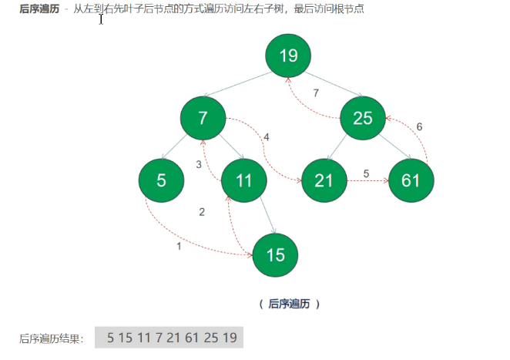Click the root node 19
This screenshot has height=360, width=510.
(288, 56)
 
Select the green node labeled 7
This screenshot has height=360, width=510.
(203, 118)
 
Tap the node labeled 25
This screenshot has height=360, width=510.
(363, 118)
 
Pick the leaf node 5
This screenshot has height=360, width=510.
(161, 180)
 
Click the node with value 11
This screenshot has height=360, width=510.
(243, 180)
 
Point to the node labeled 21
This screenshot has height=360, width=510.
(324, 180)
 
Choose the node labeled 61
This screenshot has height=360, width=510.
(411, 180)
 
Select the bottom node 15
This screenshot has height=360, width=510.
(276, 254)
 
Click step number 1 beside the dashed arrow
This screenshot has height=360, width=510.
(180, 247)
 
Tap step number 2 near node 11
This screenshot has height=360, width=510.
(202, 212)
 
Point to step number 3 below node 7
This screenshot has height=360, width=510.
(199, 164)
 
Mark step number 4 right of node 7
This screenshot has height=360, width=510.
(266, 137)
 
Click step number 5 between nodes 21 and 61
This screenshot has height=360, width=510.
(366, 173)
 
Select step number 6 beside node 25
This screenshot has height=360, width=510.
(419, 126)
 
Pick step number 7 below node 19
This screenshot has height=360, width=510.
(316, 93)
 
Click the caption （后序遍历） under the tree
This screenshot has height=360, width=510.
(289, 304)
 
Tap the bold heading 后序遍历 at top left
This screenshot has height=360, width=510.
(39, 8)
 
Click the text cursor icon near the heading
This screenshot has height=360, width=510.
(101, 19)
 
